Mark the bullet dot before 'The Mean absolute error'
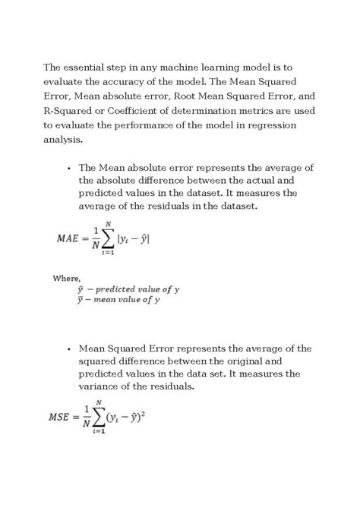coord(68,168)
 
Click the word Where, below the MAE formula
coord(67,278)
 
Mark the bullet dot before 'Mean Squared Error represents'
coord(68,349)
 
